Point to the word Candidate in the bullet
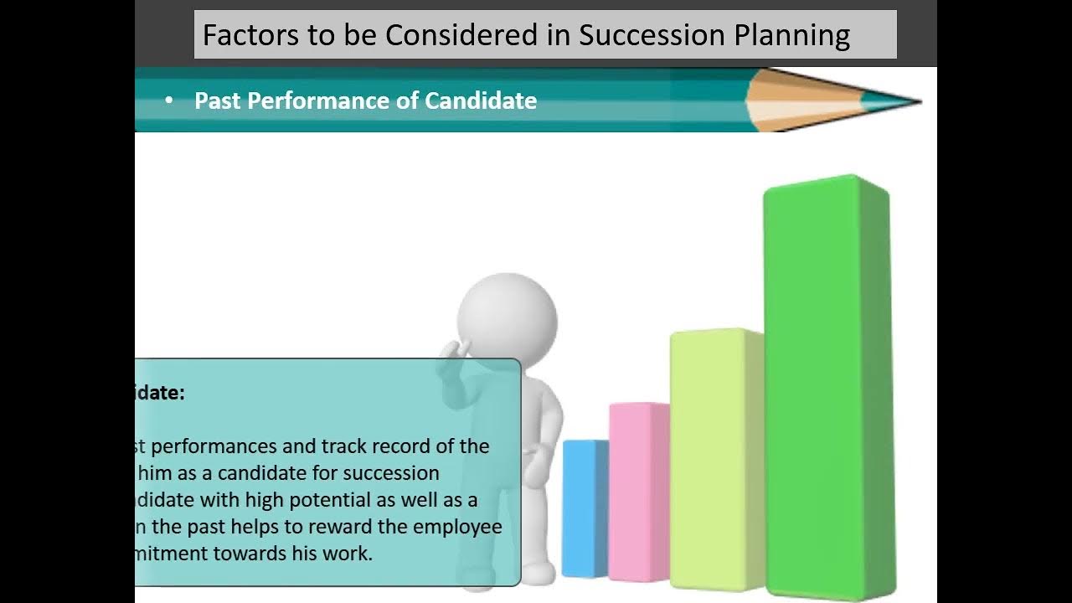pos(481,100)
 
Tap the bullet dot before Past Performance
pos(169,100)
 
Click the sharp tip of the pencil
pos(918,102)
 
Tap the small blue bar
pos(584,507)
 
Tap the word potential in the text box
pos(336,501)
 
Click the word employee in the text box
pos(464,528)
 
